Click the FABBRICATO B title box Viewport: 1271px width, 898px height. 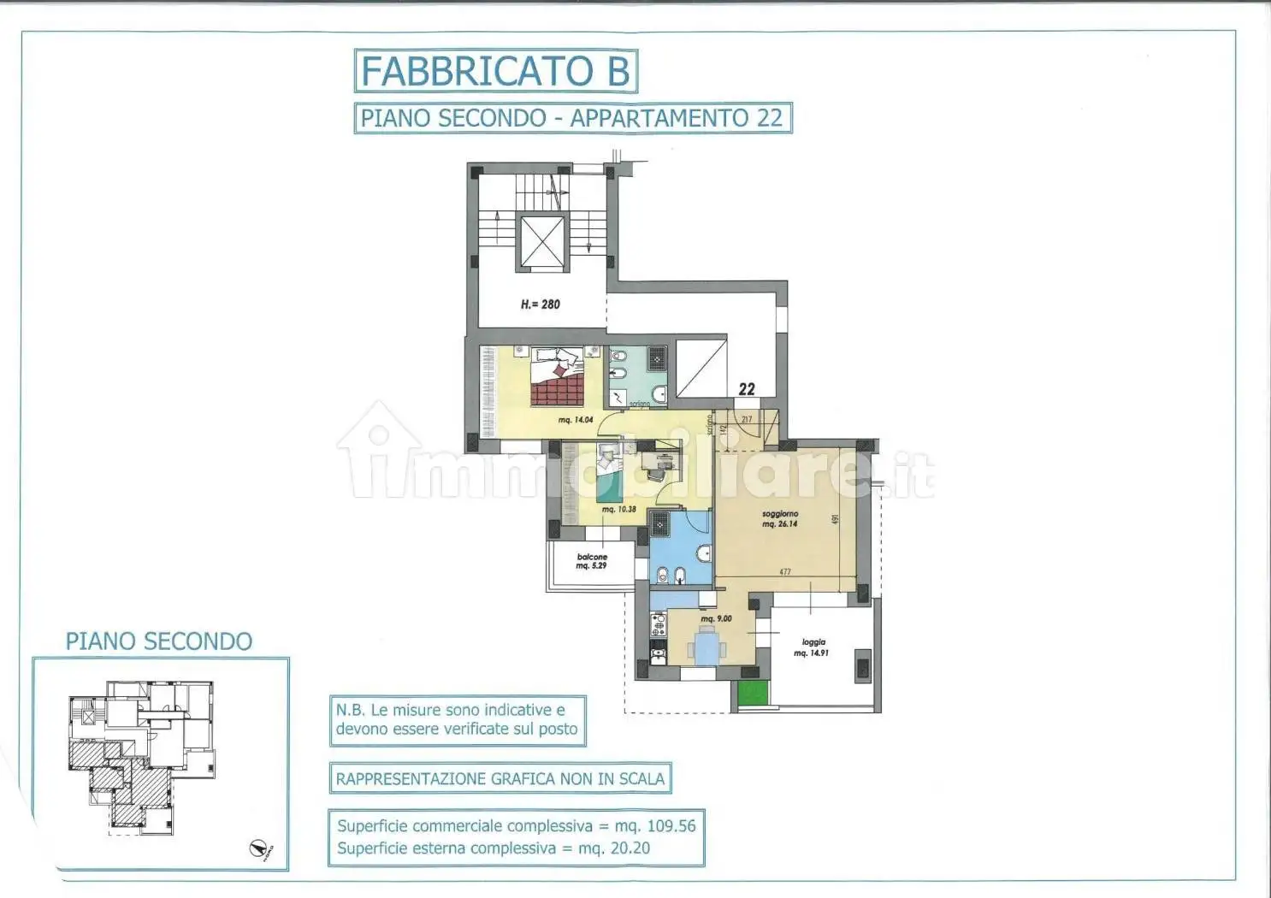click(495, 71)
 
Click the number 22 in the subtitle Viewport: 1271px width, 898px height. click(769, 118)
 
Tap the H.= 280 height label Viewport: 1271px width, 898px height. click(541, 304)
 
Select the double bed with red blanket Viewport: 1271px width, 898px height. click(557, 377)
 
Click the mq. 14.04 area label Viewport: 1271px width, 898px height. click(576, 420)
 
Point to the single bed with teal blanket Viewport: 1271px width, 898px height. click(608, 475)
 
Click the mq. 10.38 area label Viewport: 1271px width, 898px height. click(618, 510)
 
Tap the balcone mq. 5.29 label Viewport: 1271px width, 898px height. click(592, 561)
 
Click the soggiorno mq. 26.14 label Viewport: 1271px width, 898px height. click(779, 519)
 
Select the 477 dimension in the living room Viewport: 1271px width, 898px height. click(784, 572)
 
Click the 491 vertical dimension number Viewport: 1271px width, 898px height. click(836, 519)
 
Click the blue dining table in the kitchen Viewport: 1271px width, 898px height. click(706, 645)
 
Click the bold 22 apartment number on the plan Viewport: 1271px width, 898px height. click(747, 389)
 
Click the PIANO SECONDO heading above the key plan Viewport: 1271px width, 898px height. click(159, 641)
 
